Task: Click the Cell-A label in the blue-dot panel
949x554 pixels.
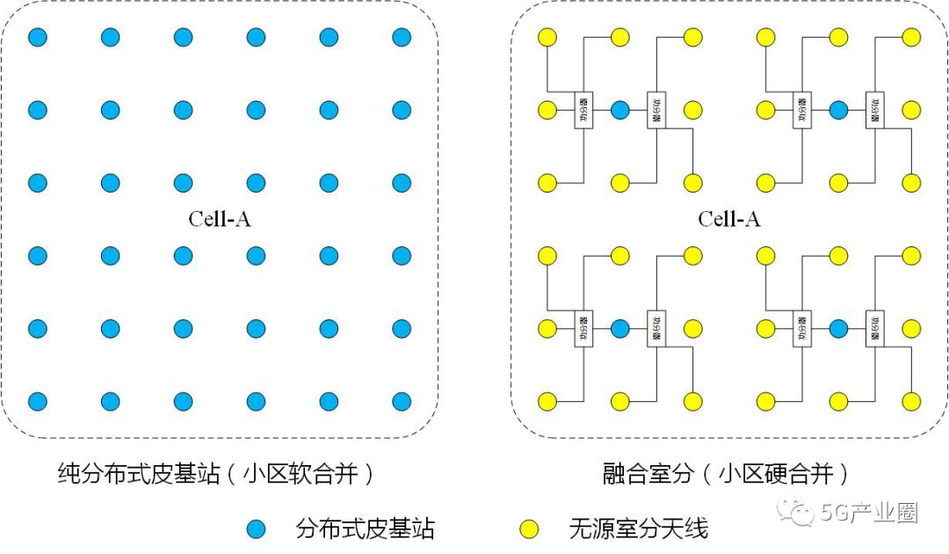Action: [220, 219]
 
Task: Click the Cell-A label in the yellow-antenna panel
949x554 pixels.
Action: [729, 219]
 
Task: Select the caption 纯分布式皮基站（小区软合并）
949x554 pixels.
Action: [215, 475]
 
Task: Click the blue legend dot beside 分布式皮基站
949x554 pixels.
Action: [256, 529]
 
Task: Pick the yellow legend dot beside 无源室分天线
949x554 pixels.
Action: [528, 529]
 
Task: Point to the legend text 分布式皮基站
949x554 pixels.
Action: [366, 529]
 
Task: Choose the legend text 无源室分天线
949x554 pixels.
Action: [638, 529]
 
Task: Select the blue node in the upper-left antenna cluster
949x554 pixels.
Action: [619, 110]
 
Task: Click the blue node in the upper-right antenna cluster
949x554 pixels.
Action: [838, 110]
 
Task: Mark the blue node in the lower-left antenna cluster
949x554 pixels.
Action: [619, 329]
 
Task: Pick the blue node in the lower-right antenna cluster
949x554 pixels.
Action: [838, 329]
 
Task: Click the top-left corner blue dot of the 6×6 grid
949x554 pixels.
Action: [37, 38]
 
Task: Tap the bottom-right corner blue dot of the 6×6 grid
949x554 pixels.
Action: [402, 402]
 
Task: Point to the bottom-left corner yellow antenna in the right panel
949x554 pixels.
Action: [547, 402]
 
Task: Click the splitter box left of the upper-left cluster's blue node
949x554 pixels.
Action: [583, 110]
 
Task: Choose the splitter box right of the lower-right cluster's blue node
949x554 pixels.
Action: [875, 329]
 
